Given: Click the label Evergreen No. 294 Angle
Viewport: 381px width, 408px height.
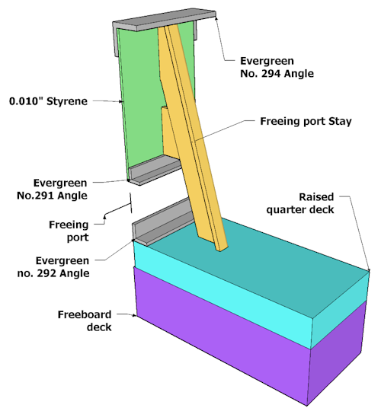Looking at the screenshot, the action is [277, 67].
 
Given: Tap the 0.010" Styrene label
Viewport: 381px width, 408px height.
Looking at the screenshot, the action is [48, 101].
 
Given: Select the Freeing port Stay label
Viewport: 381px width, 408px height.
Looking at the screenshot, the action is [306, 121].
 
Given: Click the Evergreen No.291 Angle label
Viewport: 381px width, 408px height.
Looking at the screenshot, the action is [52, 190].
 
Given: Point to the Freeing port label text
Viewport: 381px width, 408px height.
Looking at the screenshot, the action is [69, 231].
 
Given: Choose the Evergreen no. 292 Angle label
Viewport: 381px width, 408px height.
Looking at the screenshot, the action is [53, 267].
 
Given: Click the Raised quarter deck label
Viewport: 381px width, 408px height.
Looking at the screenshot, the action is [300, 203].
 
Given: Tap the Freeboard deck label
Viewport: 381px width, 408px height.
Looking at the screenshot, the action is [85, 320].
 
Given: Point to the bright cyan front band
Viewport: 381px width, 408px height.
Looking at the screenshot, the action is [221, 292].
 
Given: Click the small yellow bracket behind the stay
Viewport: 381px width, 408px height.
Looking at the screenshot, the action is [169, 132].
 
